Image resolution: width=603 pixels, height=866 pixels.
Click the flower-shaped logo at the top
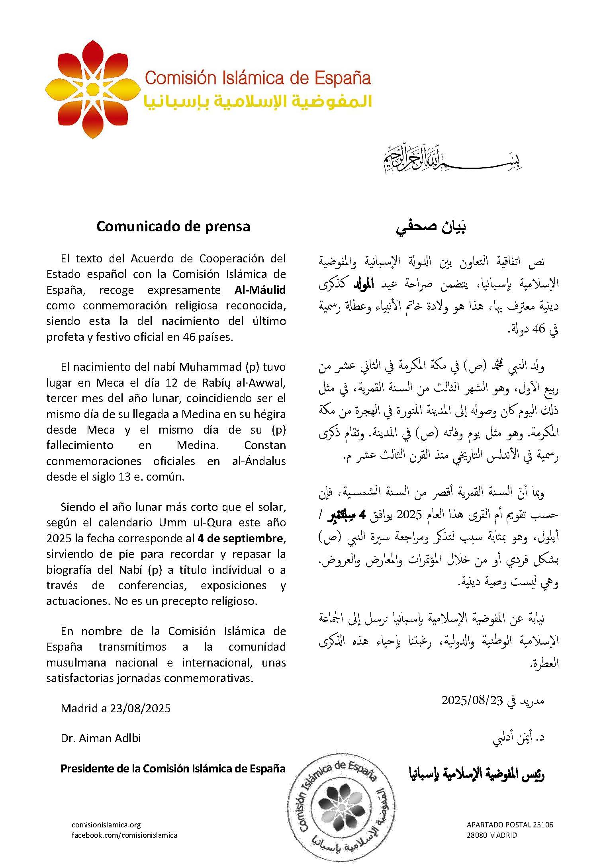[x=92, y=89]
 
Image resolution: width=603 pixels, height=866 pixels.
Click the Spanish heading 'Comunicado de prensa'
[x=173, y=226]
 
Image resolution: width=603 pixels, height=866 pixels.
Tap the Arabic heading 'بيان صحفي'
[x=431, y=227]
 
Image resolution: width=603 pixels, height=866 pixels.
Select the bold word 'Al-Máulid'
[x=260, y=290]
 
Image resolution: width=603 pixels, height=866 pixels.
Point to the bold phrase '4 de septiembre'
[x=240, y=538]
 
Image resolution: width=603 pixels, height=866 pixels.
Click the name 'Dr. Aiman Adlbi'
[x=101, y=738]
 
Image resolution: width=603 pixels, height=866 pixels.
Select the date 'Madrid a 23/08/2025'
[x=116, y=708]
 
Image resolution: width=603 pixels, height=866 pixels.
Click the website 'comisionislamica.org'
[x=106, y=825]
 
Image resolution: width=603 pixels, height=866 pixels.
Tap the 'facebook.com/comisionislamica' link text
[x=124, y=835]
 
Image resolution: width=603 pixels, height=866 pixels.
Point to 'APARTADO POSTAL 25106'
[x=510, y=825]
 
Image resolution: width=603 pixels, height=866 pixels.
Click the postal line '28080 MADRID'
[x=491, y=835]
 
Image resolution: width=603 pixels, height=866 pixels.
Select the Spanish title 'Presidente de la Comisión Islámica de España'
[x=173, y=768]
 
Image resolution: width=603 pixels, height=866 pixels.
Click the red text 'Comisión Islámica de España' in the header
[x=258, y=78]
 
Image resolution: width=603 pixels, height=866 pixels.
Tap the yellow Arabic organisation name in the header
[x=258, y=102]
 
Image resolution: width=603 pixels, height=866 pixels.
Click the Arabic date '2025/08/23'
[x=472, y=700]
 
